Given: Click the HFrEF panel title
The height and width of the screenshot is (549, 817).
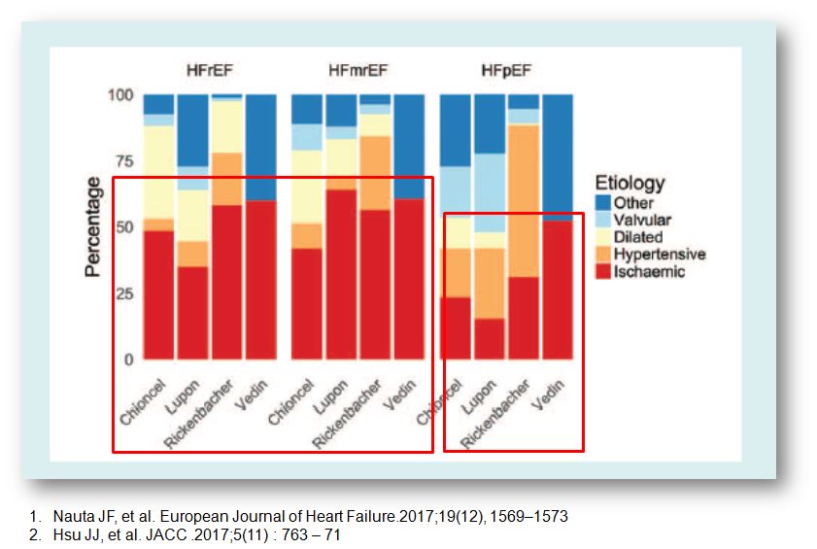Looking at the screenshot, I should (x=209, y=71).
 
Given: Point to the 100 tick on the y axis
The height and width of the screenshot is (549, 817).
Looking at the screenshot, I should (x=120, y=95).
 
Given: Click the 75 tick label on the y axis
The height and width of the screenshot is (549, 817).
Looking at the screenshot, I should (x=123, y=161).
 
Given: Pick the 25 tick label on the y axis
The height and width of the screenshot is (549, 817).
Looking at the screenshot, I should (x=123, y=293).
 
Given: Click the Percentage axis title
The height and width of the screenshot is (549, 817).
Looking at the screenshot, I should (x=93, y=227).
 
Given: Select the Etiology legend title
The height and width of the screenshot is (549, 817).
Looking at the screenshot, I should (x=630, y=183).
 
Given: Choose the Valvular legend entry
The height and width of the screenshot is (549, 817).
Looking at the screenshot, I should (x=641, y=221).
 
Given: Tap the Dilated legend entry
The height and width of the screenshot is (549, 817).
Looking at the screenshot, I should (x=637, y=237).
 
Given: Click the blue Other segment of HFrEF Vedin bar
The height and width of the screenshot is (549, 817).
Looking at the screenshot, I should (x=261, y=147).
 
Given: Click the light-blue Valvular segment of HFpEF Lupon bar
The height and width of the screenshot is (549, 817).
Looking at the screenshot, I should (x=490, y=193).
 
